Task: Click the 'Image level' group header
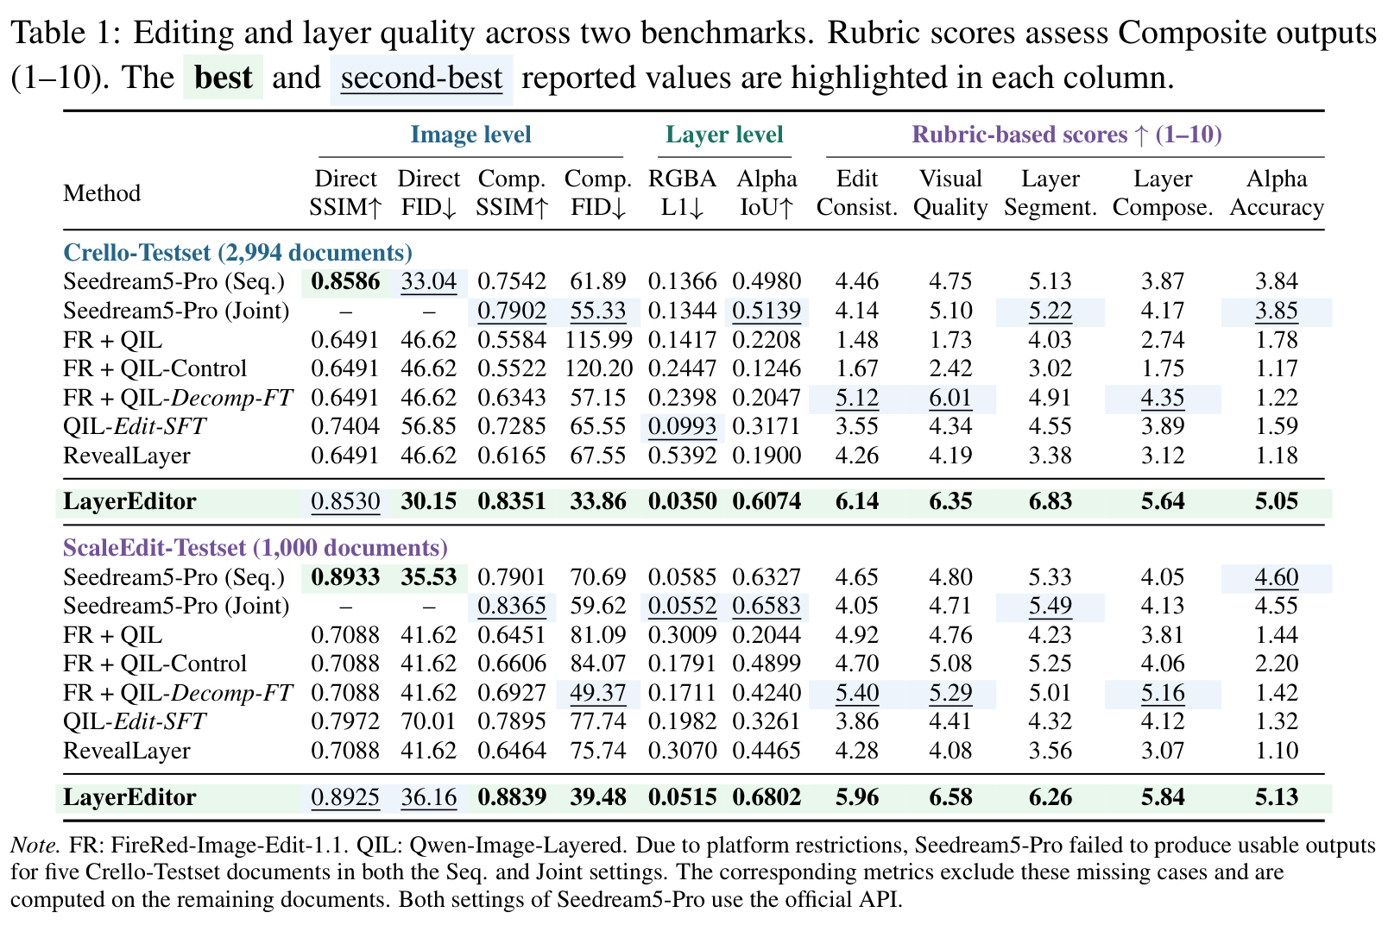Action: click(x=471, y=135)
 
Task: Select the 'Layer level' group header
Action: click(x=724, y=135)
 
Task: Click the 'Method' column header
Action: click(x=102, y=192)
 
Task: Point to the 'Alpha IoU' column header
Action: click(x=767, y=192)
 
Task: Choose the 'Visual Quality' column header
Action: click(x=950, y=192)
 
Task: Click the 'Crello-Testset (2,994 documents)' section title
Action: click(x=238, y=253)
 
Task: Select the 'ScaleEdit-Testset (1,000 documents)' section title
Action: click(x=256, y=548)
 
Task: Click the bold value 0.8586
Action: click(x=345, y=281)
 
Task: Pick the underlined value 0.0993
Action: click(x=682, y=426)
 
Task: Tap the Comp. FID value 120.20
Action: click(x=598, y=368)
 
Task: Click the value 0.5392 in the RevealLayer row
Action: click(x=682, y=456)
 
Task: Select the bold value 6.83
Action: click(x=1050, y=501)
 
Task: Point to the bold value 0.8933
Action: click(x=345, y=576)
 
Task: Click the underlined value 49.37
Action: click(x=598, y=693)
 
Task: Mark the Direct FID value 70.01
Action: click(x=428, y=721)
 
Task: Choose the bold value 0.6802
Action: click(x=767, y=796)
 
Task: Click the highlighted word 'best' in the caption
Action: click(x=223, y=78)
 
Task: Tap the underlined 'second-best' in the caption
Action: click(x=421, y=78)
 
